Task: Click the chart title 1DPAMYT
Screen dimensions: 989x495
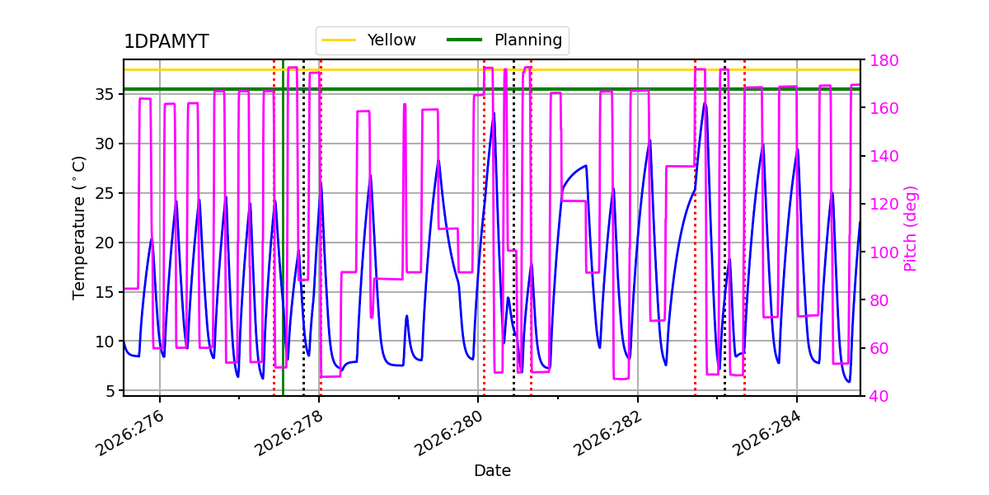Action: [166, 41]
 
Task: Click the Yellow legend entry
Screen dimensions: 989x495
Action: [368, 40]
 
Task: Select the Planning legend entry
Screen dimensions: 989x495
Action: [504, 40]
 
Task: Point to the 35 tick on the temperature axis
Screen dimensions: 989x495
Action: [104, 95]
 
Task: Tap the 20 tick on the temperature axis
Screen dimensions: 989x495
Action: [104, 243]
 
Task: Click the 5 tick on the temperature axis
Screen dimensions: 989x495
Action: [109, 391]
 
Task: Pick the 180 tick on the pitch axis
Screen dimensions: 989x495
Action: [884, 60]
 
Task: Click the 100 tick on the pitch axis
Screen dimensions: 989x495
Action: [884, 252]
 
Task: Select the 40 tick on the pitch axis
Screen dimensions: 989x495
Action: [879, 396]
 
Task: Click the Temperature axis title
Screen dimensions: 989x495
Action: [78, 228]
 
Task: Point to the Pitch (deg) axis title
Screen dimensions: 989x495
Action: [911, 229]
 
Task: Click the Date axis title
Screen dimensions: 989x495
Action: [492, 471]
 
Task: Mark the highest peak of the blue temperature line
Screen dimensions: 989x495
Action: [705, 104]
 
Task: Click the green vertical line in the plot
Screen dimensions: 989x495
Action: [283, 228]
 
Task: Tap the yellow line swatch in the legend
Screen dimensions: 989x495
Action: [339, 40]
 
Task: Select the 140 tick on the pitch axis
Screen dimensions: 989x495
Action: [884, 156]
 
